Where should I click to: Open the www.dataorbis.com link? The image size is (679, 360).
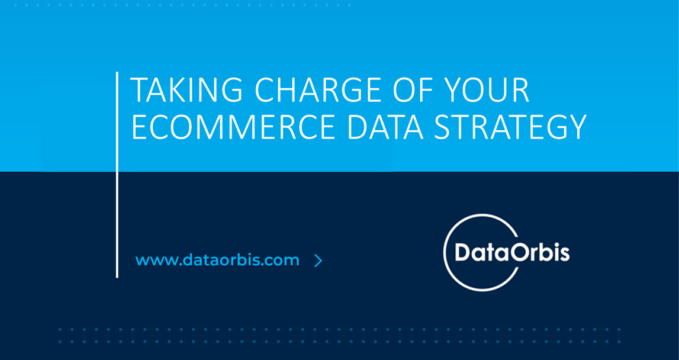217,261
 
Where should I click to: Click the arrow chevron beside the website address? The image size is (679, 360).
318,261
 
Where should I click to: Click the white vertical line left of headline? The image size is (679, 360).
117,175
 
